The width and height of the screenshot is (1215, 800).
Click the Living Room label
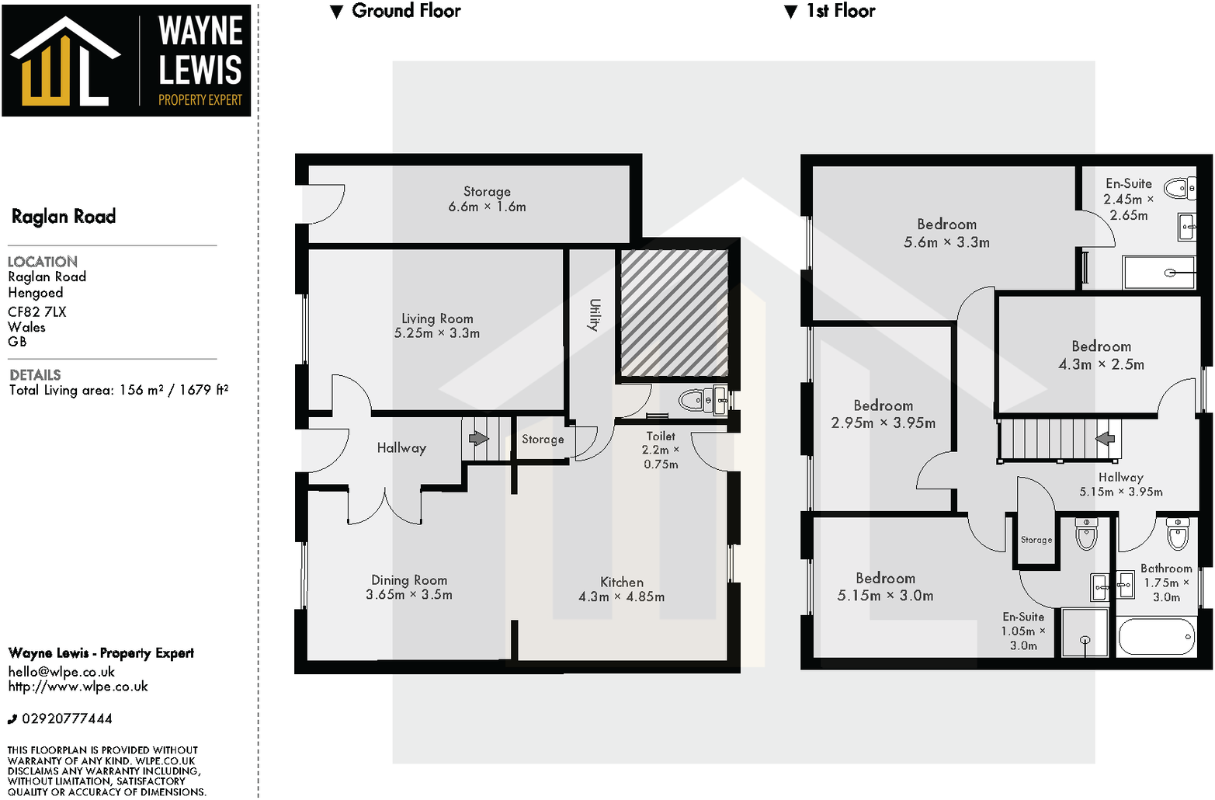point(437,318)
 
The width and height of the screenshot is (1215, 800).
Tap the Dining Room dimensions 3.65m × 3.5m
point(409,595)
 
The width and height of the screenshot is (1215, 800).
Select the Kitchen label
point(622,582)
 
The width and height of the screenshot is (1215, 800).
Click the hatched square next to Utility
point(674,312)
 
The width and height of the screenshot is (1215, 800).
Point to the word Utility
point(595,315)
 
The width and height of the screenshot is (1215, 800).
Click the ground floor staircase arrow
point(479,438)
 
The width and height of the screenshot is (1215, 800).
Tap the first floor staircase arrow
point(1105,439)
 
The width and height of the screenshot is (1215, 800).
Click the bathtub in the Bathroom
point(1156,637)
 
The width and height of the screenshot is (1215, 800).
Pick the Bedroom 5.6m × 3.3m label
point(946,224)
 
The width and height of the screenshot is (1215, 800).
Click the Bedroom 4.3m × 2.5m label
point(1101,346)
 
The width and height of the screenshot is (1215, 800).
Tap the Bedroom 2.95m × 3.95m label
point(883,405)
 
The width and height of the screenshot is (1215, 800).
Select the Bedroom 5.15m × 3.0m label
point(885,579)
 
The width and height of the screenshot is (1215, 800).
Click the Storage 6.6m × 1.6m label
point(487,192)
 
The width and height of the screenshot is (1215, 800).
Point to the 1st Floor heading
point(840,11)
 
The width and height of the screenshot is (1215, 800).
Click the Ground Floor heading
point(405,11)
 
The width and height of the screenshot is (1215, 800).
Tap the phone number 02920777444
point(67,718)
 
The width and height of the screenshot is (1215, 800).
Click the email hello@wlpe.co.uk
point(61,672)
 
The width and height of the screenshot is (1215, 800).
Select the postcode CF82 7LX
point(37,311)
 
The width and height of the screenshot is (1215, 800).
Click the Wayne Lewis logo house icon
point(64,62)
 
